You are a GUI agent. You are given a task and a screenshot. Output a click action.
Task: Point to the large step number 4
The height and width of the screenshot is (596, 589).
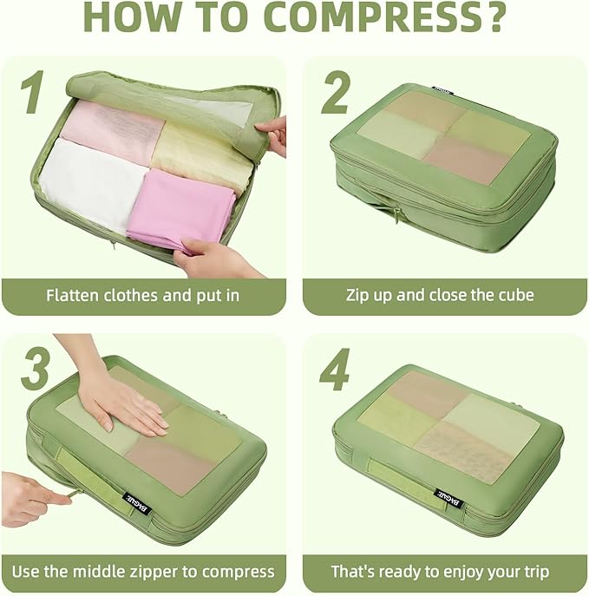[334, 370]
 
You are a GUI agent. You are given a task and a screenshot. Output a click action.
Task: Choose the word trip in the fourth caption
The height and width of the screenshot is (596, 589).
[532, 572]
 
